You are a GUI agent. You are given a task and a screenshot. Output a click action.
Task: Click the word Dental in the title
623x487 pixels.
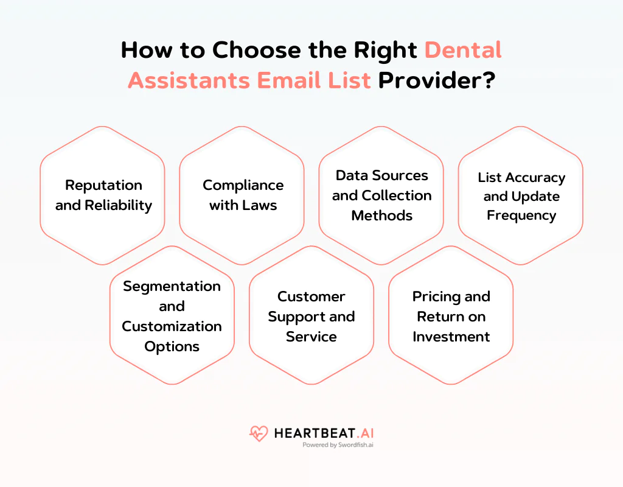pos(463,49)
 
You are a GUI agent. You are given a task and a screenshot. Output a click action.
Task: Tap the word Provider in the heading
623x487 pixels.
pos(436,80)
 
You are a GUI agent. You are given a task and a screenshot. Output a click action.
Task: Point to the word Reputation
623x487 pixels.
pos(103,185)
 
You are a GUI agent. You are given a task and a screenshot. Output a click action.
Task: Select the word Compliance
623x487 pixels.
pos(243,185)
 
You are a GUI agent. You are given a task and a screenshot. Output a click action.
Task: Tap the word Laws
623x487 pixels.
pos(260,205)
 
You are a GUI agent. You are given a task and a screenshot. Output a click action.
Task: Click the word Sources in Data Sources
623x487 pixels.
pos(399,175)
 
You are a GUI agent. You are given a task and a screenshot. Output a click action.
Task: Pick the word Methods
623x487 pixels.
pos(381,215)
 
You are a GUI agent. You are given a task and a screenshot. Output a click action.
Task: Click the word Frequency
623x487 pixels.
pos(521,215)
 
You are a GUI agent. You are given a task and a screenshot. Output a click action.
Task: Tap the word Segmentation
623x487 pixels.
pos(172,286)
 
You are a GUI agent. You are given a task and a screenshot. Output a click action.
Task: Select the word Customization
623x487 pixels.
pos(172,326)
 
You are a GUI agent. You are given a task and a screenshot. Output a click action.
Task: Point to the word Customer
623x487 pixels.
pos(311,296)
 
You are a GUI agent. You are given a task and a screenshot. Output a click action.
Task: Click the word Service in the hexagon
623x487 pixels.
pos(311,337)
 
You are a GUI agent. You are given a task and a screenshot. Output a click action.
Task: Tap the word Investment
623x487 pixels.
pos(451,337)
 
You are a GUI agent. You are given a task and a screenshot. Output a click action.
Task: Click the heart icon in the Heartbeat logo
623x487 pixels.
pos(259,434)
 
